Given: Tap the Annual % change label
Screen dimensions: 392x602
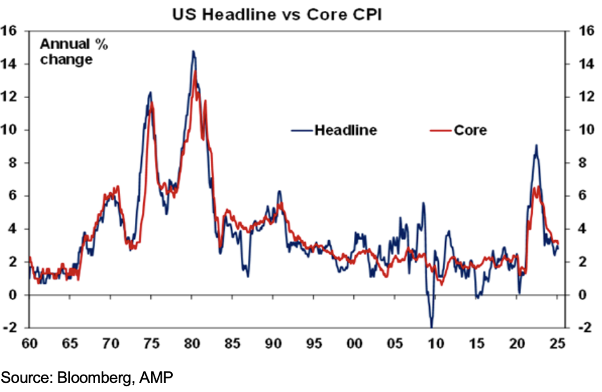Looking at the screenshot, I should click(x=73, y=52).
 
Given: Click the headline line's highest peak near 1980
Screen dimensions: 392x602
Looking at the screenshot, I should click(x=193, y=51).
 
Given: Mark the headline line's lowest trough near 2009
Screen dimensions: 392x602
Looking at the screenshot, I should click(x=431, y=327).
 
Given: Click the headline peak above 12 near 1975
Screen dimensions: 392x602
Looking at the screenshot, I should click(x=150, y=92).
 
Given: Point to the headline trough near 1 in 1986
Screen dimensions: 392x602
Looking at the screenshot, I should click(x=247, y=276).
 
